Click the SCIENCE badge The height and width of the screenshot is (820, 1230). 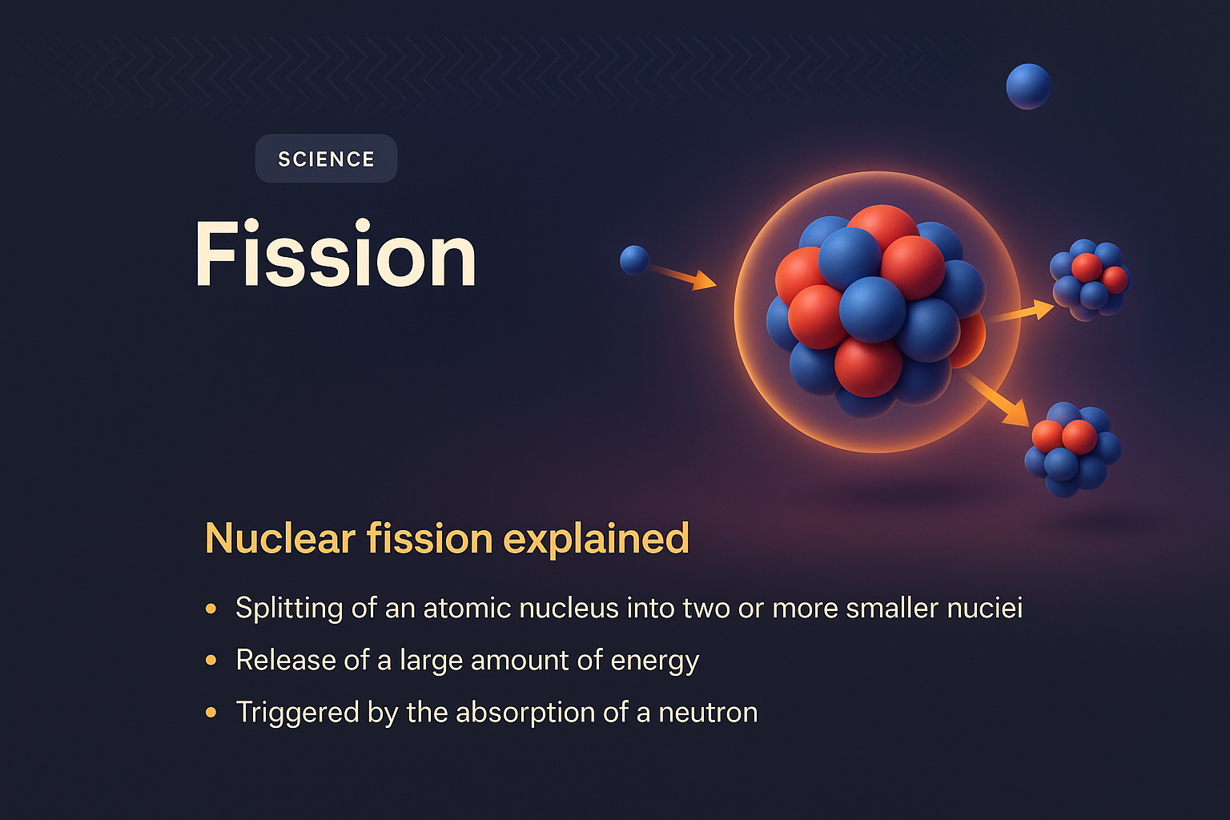tap(326, 159)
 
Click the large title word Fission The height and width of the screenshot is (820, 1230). tap(336, 255)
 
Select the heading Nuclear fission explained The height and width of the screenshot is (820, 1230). tap(447, 538)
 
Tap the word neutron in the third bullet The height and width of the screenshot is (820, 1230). tap(708, 713)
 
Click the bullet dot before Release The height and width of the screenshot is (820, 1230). tap(211, 661)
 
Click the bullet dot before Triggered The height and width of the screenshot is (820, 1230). tap(211, 712)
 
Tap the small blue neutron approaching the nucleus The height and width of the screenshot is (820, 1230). tap(634, 260)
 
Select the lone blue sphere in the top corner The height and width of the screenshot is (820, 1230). tap(1028, 86)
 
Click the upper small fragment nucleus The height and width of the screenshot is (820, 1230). tap(1090, 279)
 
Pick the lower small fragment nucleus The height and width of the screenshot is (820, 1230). tap(1071, 449)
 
